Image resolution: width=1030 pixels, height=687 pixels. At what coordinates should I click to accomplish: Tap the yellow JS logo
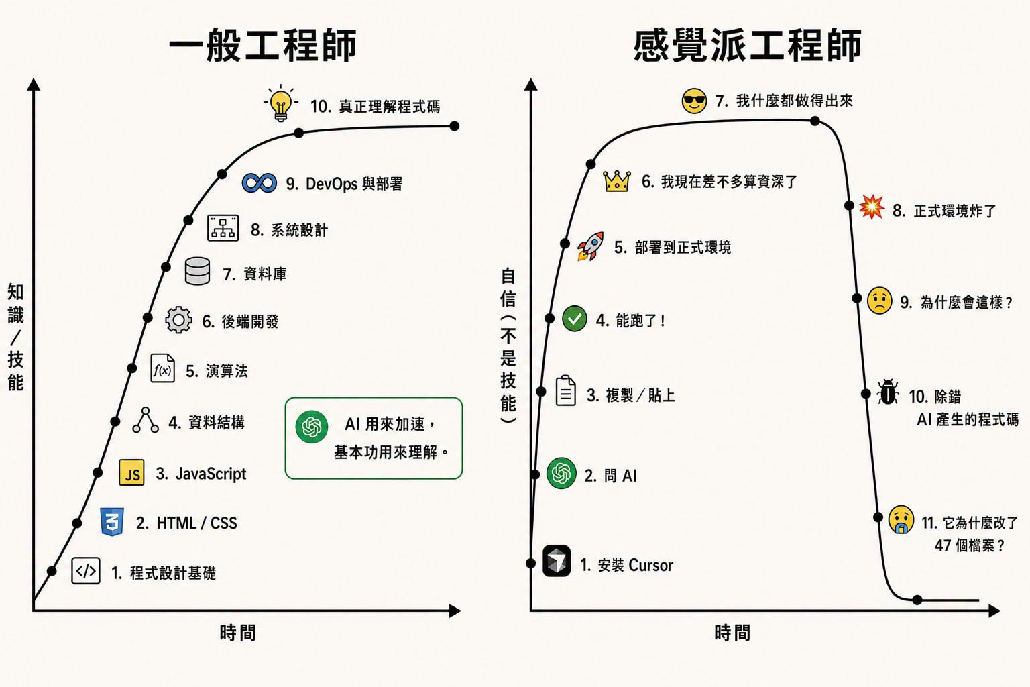pos(131,472)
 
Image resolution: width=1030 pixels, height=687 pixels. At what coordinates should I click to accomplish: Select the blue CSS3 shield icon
pos(112,522)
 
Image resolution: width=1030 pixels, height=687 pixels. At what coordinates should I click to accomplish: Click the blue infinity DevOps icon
pos(260,183)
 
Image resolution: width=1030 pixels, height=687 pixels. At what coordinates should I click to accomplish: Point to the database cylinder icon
pos(197,271)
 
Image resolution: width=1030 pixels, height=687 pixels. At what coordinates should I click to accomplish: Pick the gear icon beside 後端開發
pos(178,319)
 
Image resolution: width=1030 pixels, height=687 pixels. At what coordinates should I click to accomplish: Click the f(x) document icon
pos(162,368)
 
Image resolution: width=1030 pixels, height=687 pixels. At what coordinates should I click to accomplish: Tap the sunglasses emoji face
pos(694,101)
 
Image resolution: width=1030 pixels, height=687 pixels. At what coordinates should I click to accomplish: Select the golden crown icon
pos(617,181)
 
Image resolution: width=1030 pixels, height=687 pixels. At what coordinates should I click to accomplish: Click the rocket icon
pos(590,246)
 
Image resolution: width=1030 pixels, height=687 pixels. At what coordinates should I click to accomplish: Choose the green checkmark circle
pos(574,319)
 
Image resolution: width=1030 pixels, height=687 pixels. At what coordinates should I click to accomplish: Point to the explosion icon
pos(871,207)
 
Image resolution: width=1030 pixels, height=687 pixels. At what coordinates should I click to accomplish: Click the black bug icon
pos(887,392)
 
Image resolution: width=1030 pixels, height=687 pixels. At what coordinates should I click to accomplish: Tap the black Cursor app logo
pos(557,561)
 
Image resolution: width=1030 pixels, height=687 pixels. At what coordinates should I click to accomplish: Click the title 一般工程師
pos(263,45)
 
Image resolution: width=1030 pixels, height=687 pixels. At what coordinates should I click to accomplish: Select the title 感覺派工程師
pos(747,45)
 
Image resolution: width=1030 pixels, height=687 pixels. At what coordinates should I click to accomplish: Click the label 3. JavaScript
pos(201,474)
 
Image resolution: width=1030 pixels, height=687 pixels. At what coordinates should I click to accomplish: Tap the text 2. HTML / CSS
pos(186,523)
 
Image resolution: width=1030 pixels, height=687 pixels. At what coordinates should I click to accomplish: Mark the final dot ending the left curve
pos(454,126)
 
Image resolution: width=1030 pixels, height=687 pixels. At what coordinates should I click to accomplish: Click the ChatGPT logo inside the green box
pos(312,427)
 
